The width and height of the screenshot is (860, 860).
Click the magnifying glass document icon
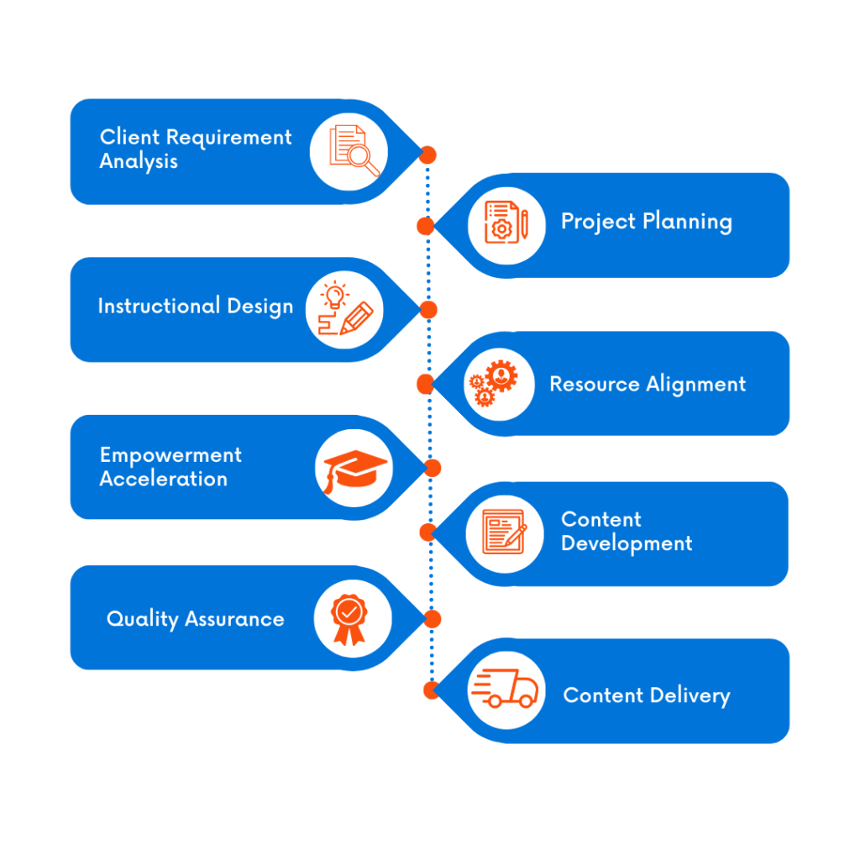coord(352,150)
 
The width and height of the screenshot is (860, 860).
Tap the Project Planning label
coord(646,222)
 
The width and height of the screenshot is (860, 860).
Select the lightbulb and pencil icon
coord(344,309)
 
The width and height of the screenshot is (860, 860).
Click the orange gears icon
coord(494,384)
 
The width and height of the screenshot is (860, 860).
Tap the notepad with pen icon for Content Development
coord(504,532)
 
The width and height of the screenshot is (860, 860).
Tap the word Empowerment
coord(170,455)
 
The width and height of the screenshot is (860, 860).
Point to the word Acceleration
coord(164,480)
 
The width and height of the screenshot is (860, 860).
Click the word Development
coord(627,544)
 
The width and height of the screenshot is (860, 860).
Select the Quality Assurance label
coord(195,620)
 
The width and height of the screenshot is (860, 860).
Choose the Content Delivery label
coord(646,695)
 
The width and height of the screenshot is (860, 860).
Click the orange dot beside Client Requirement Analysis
coord(427,155)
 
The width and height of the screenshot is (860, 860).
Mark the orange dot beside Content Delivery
coord(431,690)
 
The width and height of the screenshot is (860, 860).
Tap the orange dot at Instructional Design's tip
coord(428,310)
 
